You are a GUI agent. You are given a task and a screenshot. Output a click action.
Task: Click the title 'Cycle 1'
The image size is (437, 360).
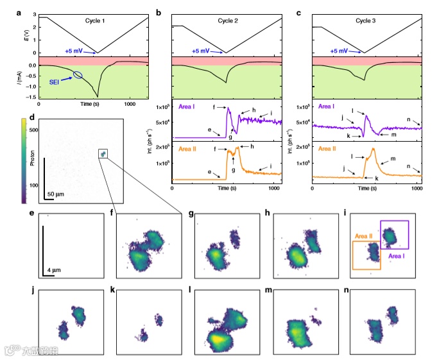[x=98, y=21]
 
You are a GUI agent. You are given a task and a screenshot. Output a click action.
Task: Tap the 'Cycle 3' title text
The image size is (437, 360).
[x=365, y=21]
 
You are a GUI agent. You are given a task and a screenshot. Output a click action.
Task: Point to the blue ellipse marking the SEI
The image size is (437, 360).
[x=78, y=75]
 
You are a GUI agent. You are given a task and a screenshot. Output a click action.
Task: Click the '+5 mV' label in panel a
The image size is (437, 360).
[x=75, y=50]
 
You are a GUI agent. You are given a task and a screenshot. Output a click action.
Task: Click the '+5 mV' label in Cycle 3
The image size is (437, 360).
[x=342, y=50]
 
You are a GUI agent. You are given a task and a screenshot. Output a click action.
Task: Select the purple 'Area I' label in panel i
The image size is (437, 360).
[x=400, y=254]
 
